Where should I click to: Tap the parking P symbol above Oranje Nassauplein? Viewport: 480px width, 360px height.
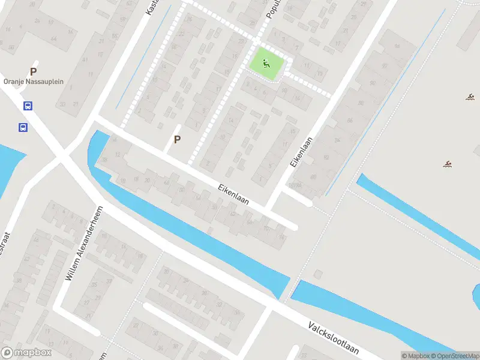[x=34, y=71]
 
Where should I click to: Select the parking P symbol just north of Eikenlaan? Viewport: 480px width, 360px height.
[x=177, y=139]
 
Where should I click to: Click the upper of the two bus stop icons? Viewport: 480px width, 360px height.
[x=28, y=106]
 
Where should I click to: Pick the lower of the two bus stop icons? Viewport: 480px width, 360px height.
[x=23, y=127]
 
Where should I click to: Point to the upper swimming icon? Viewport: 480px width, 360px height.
[x=471, y=97]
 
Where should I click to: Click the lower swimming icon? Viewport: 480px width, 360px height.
[x=448, y=164]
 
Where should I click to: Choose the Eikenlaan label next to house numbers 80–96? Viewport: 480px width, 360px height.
[x=301, y=153]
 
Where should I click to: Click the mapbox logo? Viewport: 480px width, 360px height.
[x=26, y=353]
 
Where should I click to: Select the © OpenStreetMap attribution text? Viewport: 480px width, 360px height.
[x=460, y=356]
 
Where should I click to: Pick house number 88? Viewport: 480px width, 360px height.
[x=360, y=103]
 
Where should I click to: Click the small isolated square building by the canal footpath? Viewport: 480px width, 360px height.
[x=317, y=275]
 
